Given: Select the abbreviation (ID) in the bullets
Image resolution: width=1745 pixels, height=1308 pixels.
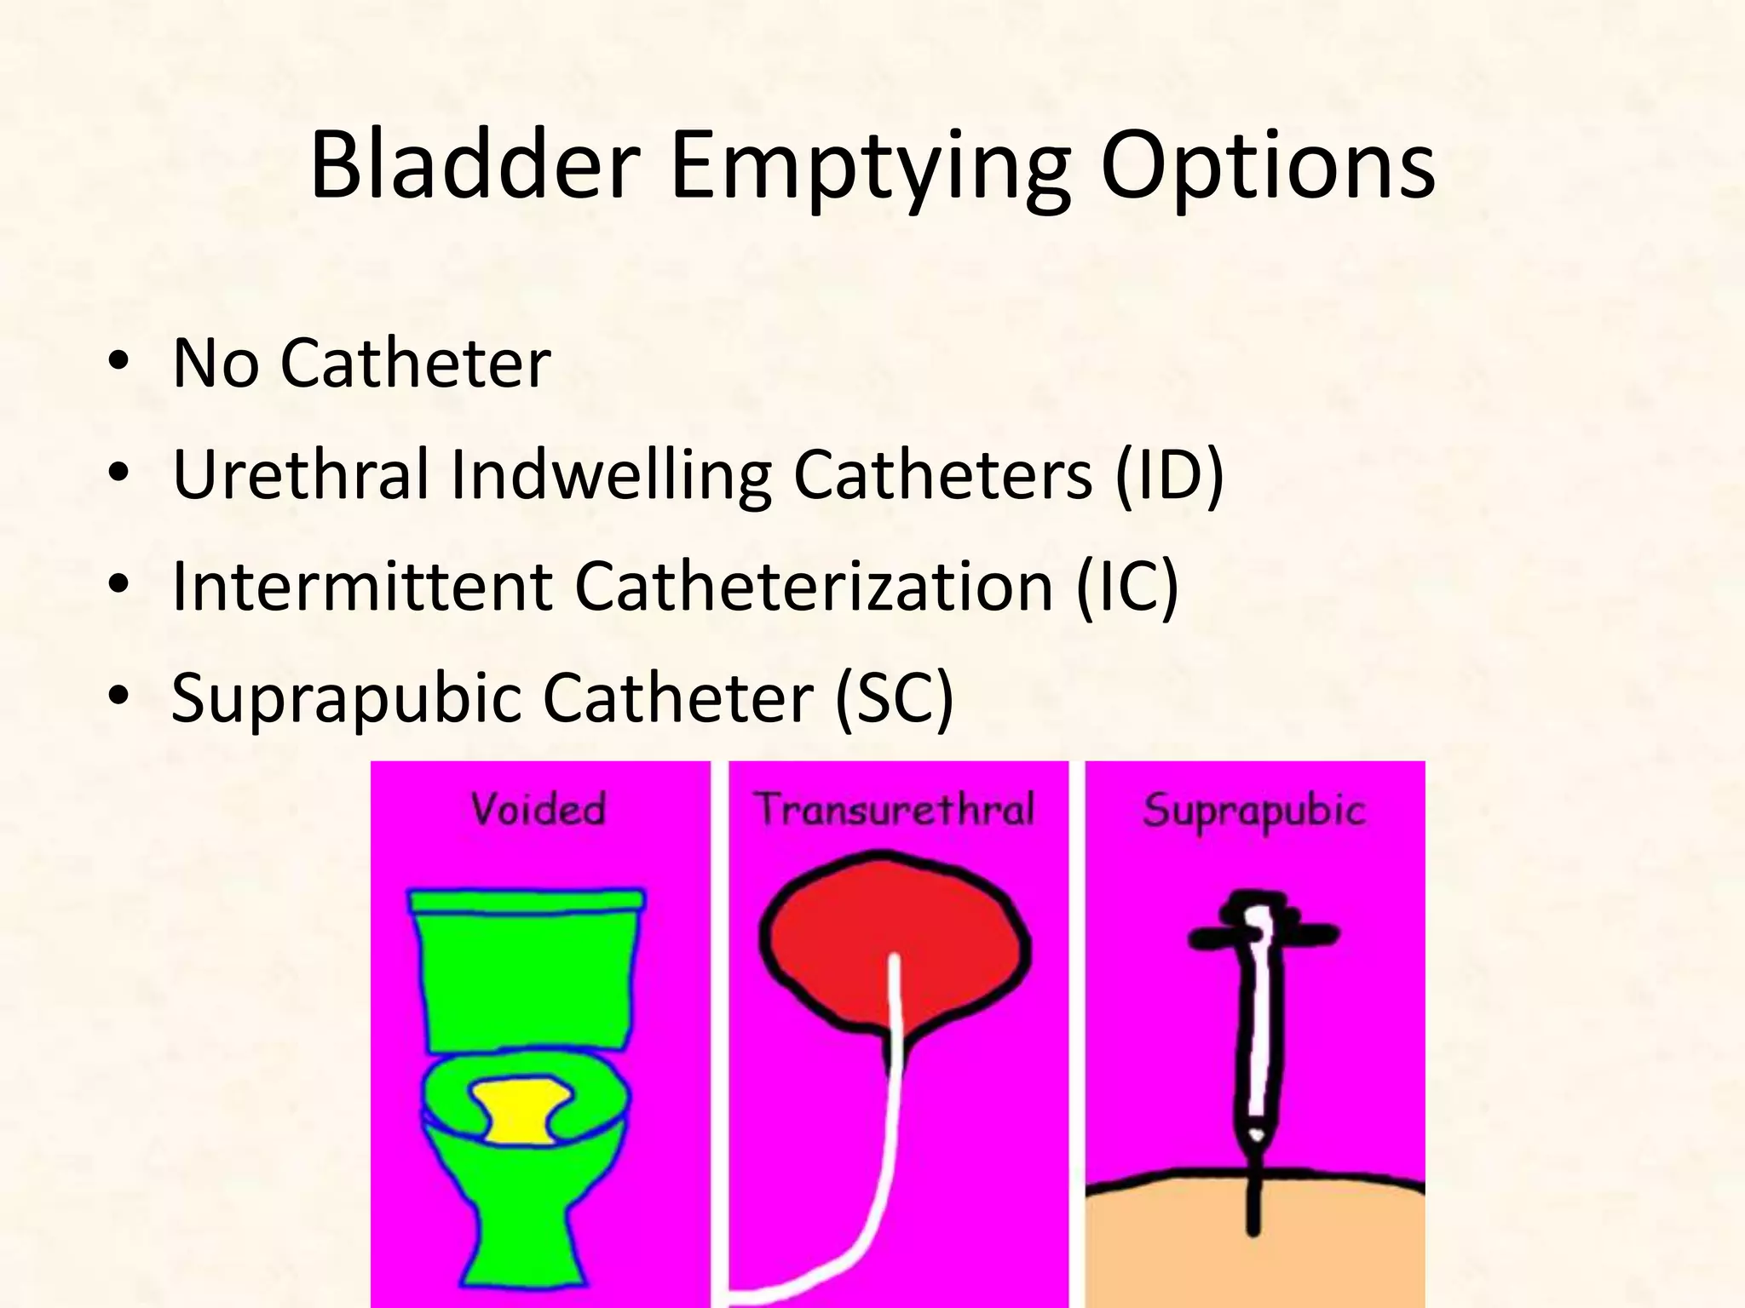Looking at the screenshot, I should pyautogui.click(x=1169, y=474).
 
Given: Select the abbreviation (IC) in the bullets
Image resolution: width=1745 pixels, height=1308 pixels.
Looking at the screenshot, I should pyautogui.click(x=1126, y=586).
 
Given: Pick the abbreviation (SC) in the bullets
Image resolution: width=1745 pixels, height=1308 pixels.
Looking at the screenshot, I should pyautogui.click(x=894, y=698).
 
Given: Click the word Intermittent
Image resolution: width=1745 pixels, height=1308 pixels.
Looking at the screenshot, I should pyautogui.click(x=361, y=586).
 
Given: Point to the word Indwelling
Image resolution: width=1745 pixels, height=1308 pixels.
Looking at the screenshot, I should pyautogui.click(x=609, y=474).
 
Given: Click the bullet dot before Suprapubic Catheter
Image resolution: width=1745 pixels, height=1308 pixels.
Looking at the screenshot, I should pyautogui.click(x=118, y=697).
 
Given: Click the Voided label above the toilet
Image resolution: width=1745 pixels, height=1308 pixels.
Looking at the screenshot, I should pyautogui.click(x=538, y=808).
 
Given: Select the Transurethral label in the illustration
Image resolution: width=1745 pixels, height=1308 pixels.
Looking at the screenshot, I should pyautogui.click(x=895, y=808).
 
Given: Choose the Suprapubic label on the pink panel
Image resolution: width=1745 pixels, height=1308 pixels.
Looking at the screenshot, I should pyautogui.click(x=1253, y=810).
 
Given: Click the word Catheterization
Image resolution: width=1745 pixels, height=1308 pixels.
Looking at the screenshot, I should pyautogui.click(x=814, y=586).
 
